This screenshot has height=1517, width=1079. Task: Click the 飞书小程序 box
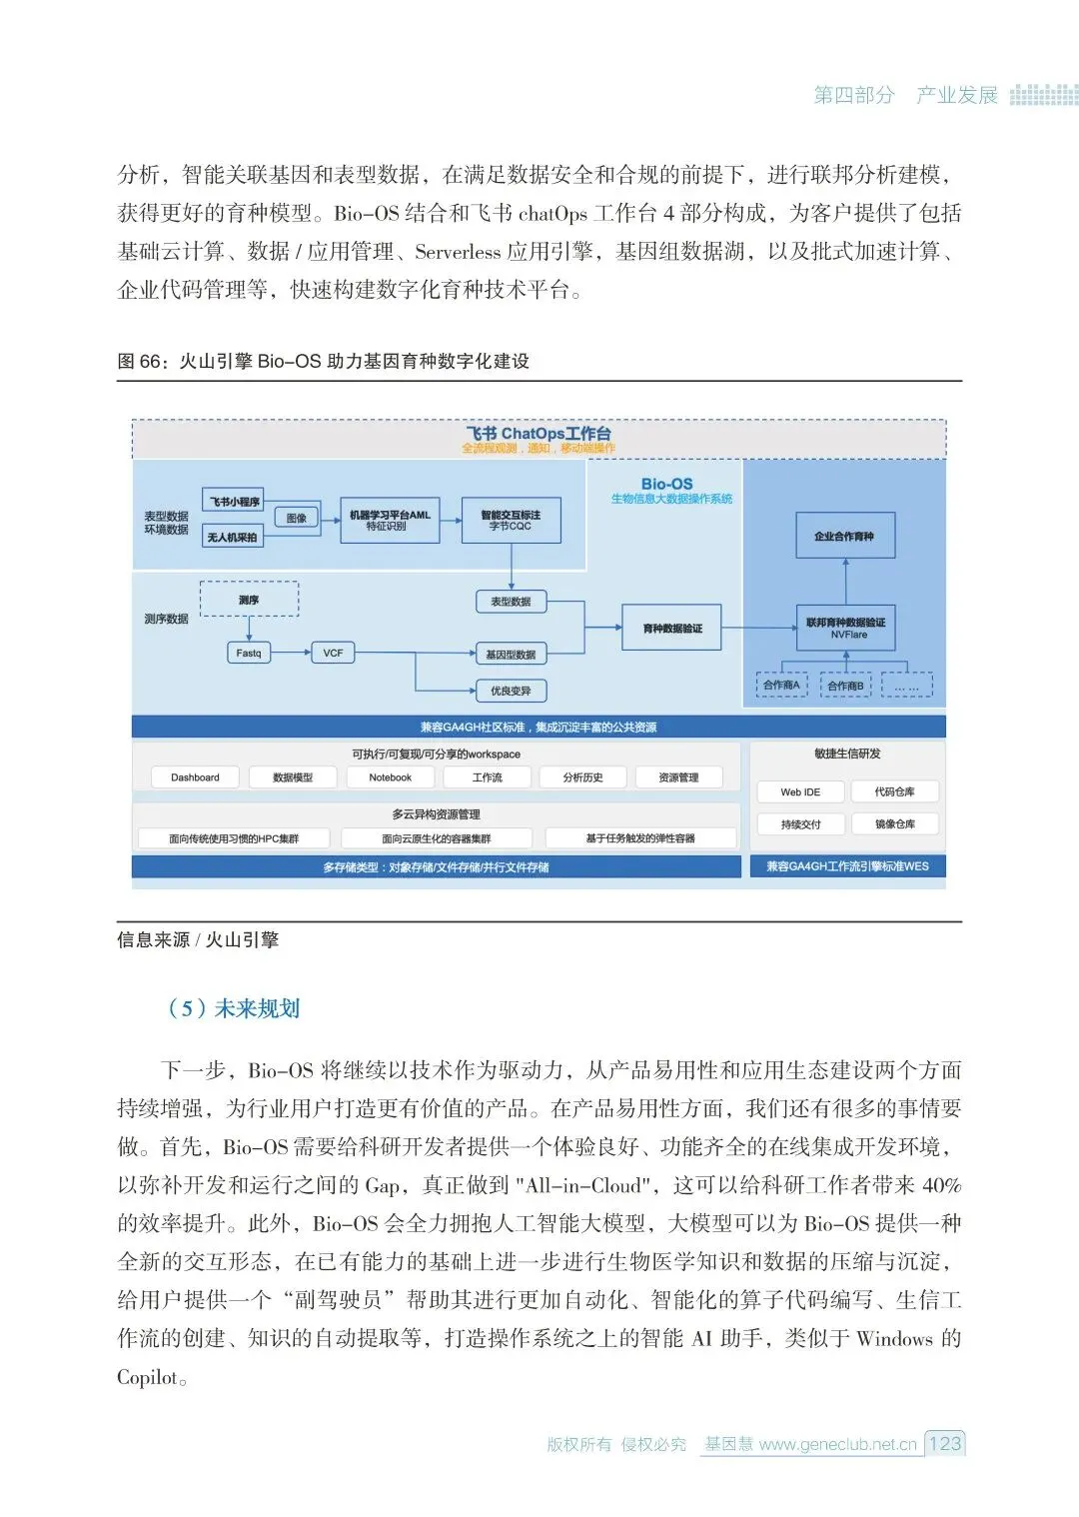click(233, 501)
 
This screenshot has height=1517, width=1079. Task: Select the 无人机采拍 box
click(233, 537)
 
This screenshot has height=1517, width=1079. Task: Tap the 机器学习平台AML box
click(390, 520)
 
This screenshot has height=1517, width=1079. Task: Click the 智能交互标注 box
click(511, 520)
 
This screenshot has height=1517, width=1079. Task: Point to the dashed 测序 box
click(249, 600)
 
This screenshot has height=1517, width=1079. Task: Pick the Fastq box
click(249, 653)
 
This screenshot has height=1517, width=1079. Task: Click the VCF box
click(333, 653)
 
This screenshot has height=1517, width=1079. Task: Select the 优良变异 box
click(511, 691)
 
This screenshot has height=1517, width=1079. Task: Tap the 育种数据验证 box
click(671, 628)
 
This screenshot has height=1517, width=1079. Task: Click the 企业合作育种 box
click(844, 536)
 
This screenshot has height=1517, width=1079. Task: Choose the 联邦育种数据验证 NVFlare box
click(845, 628)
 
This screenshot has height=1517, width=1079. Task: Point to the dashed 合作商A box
click(781, 686)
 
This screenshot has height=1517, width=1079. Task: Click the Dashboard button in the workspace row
click(195, 777)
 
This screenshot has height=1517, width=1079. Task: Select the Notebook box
click(390, 777)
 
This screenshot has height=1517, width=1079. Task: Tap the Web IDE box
click(800, 792)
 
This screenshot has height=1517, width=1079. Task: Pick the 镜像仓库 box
click(894, 824)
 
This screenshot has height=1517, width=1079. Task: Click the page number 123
click(944, 1443)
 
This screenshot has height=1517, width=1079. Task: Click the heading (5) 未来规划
click(234, 1008)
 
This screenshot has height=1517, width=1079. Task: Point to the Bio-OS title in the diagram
click(667, 484)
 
